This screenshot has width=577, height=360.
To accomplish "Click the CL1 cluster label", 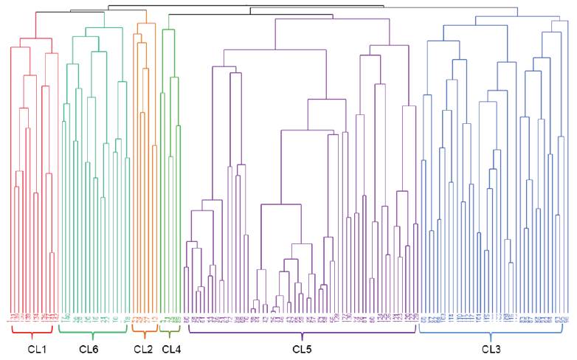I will point(32,347).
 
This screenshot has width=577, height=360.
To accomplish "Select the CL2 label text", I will point(143,347).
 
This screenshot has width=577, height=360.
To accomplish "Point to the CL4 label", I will point(170,347).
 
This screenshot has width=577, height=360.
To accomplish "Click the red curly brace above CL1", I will point(32,330).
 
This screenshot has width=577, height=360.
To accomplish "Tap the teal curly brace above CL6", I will point(92,330).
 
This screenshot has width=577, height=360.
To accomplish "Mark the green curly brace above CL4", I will point(170,330).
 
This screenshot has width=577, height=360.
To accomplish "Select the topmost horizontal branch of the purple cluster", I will point(332,18).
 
